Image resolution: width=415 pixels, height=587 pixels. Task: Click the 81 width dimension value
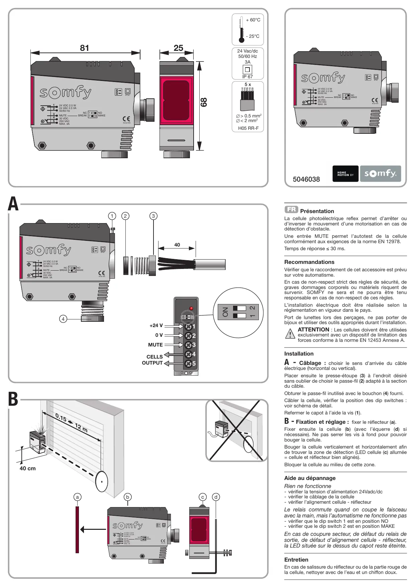(x=85, y=48)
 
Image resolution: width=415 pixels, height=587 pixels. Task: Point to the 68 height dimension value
(x=203, y=102)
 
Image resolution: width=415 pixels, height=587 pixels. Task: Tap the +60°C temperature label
(x=253, y=20)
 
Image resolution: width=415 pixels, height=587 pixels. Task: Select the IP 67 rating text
(x=247, y=77)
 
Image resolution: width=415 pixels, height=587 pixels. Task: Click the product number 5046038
(x=306, y=179)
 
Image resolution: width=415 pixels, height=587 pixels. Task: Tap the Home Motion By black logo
(x=345, y=174)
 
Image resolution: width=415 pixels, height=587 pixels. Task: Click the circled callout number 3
(x=153, y=216)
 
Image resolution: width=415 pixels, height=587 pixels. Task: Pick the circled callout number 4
(x=63, y=319)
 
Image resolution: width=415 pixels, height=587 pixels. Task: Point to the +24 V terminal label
(x=156, y=325)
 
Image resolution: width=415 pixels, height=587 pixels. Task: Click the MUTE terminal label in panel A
(x=155, y=345)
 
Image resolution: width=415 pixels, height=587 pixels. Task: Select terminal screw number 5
(x=189, y=364)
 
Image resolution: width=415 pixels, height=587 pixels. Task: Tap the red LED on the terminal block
(x=191, y=308)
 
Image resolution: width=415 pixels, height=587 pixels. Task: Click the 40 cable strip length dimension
(x=177, y=245)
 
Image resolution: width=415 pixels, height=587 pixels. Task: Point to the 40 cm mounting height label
(x=27, y=469)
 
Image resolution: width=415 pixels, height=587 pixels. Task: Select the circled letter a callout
(x=78, y=497)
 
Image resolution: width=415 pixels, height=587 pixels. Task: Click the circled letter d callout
(x=216, y=497)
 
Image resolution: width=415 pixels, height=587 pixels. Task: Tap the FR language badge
(x=291, y=209)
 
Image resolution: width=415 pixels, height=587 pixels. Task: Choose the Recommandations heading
(x=309, y=262)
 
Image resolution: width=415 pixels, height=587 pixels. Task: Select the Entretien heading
(x=296, y=560)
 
